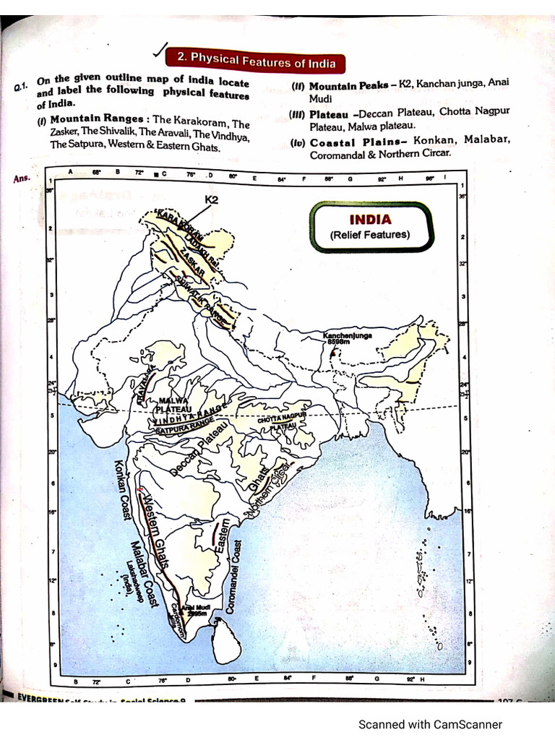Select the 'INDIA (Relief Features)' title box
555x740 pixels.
[x=371, y=226]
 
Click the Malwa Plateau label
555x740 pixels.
[x=173, y=404]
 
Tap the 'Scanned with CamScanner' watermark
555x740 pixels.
[x=430, y=724]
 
